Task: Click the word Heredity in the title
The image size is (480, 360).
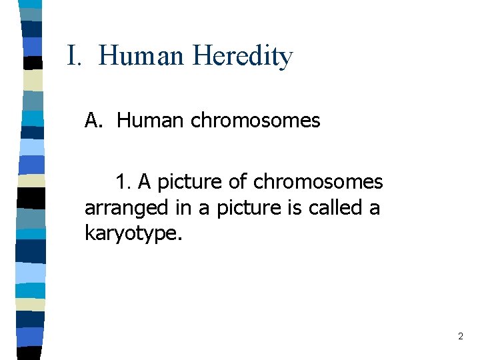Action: (243, 56)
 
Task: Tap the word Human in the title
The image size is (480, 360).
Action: (141, 56)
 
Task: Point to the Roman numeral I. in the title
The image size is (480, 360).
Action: (74, 56)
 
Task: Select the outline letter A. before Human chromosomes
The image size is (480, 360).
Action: (93, 121)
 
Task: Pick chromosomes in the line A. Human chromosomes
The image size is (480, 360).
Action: (255, 121)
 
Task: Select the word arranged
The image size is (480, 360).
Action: (127, 208)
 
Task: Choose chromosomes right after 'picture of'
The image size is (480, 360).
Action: (318, 181)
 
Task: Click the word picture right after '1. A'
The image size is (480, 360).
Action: (189, 181)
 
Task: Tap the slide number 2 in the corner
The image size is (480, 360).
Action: (460, 337)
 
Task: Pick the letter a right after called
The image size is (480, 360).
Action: (375, 208)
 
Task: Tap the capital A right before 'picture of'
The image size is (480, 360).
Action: (144, 181)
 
